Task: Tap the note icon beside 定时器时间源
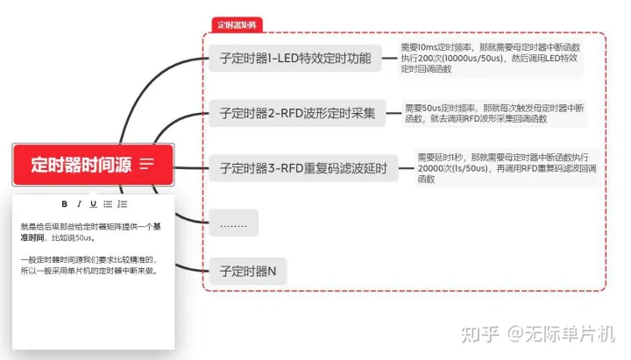point(146,164)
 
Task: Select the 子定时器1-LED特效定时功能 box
point(296,60)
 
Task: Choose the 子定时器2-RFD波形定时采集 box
point(297,113)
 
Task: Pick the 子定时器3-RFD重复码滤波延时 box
point(303,167)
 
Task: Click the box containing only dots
point(233,222)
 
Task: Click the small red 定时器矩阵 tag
point(237,25)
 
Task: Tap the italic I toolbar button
point(79,204)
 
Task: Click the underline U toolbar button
point(93,204)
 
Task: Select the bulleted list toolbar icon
point(108,204)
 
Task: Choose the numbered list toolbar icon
point(123,204)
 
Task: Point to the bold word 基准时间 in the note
point(37,236)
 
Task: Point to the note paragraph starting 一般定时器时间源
point(88,265)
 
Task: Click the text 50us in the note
point(84,236)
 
